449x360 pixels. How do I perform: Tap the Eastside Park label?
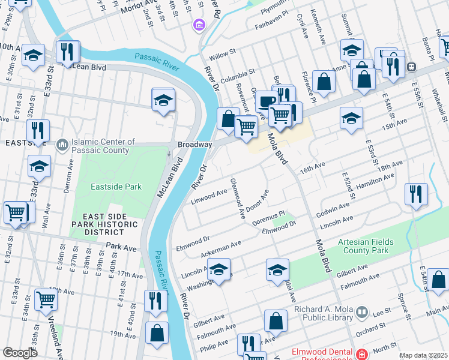coord(116,187)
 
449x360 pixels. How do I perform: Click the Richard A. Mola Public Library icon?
coord(361,313)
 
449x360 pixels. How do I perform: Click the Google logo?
coord(20,353)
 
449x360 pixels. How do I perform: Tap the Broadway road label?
coord(195,145)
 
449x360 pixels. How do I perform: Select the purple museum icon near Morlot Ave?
coord(198,25)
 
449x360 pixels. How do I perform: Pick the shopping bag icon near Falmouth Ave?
coord(276,321)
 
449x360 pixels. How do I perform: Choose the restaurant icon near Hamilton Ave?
coord(416,194)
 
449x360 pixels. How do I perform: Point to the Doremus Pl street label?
coord(268,214)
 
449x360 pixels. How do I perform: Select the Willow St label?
coord(223,55)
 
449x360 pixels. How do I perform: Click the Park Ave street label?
coord(122,246)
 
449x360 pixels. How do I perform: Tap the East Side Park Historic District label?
coord(107,225)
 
